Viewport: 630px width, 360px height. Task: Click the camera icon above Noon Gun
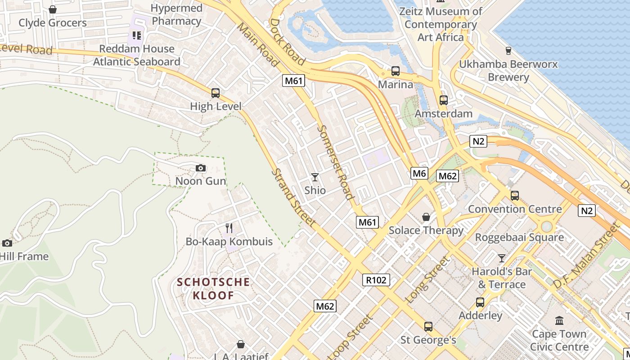point(201,168)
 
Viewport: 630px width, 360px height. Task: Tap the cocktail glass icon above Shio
point(315,177)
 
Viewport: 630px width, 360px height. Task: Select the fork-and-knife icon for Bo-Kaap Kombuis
point(229,228)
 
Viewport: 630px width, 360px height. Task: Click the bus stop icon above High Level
point(216,93)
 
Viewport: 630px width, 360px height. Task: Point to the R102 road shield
point(376,280)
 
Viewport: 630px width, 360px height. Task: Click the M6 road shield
point(419,173)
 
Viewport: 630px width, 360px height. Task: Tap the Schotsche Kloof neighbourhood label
point(213,289)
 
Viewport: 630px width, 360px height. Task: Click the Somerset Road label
point(335,162)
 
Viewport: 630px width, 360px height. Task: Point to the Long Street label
point(427,279)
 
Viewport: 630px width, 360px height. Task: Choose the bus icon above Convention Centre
point(515,196)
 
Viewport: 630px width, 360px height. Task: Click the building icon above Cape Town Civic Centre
point(559,321)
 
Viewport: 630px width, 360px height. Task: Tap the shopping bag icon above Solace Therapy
point(426,217)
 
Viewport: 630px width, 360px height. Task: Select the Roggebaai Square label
point(519,237)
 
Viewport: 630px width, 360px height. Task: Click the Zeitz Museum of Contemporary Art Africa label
point(441,24)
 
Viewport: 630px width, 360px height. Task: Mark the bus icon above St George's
point(428,326)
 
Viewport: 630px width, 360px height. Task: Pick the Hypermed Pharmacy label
point(176,14)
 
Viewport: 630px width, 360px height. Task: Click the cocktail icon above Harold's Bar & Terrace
point(502,258)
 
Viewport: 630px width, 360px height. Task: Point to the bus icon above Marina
point(396,71)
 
